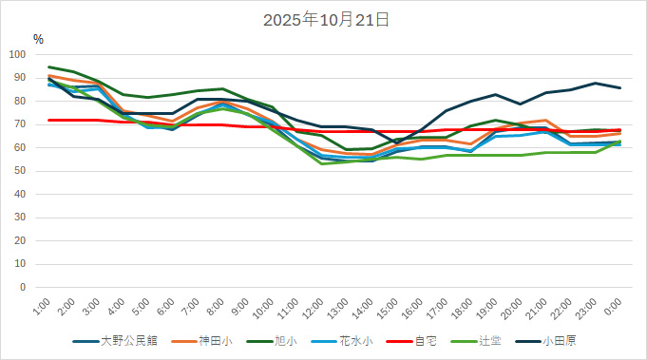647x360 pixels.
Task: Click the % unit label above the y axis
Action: coord(38,40)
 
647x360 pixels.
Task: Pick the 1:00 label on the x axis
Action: coord(43,305)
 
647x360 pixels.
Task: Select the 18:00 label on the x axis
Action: coord(464,307)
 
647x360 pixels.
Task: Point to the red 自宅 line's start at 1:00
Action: coord(49,120)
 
